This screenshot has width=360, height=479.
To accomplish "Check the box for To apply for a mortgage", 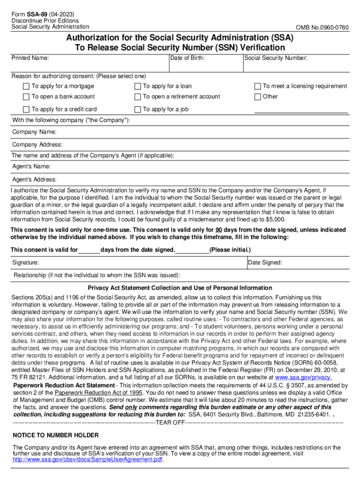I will pyautogui.click(x=26, y=87).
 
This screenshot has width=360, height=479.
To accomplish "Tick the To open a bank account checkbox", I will pyautogui.click(x=26, y=97).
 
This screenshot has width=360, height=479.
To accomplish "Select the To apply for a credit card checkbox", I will pyautogui.click(x=26, y=109).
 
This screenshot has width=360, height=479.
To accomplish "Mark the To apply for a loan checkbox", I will pyautogui.click(x=137, y=87).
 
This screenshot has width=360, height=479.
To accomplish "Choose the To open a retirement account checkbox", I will pyautogui.click(x=137, y=97).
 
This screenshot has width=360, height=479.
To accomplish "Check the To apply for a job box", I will pyautogui.click(x=137, y=109).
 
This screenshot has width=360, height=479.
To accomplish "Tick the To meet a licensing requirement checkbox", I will pyautogui.click(x=257, y=87).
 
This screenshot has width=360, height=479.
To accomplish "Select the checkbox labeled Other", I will pyautogui.click(x=257, y=97).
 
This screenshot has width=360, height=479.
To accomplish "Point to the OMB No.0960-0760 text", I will pyautogui.click(x=322, y=27).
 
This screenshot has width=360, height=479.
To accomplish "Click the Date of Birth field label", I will pyautogui.click(x=187, y=58).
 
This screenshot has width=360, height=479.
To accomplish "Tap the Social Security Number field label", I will pyautogui.click(x=276, y=58).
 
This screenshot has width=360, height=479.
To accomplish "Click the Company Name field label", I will pyautogui.click(x=34, y=132).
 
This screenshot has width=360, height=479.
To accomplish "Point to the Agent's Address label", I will pyautogui.click(x=34, y=180).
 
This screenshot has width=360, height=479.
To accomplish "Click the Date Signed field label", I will pyautogui.click(x=265, y=263).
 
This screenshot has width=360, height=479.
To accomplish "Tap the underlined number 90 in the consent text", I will pyautogui.click(x=218, y=230).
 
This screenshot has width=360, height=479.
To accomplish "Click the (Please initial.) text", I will pyautogui.click(x=230, y=250).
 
